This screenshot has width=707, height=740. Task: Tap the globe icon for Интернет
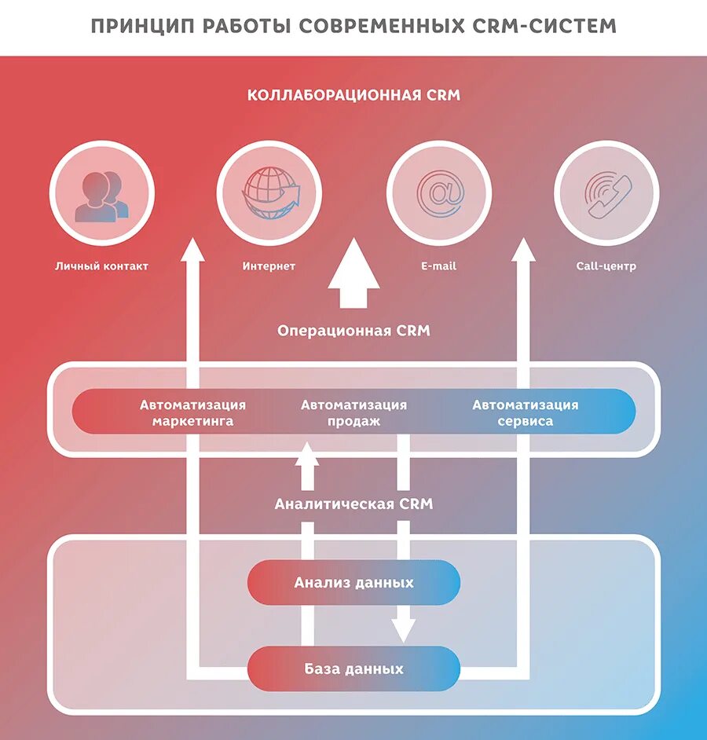269,193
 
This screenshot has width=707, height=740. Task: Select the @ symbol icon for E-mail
438,193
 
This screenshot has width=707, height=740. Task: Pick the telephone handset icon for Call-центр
606,193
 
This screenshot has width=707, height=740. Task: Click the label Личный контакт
101,266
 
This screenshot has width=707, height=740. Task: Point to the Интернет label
269,266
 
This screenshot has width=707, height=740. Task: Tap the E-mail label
438,266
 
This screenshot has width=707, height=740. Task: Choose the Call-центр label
606,266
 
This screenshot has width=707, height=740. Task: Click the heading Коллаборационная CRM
353,96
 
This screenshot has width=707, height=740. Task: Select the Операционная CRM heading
353,331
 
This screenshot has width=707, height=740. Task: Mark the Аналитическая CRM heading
353,504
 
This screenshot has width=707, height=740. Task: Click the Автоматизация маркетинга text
192,413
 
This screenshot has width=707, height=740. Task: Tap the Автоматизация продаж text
353,413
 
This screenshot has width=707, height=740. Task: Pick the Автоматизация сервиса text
525,413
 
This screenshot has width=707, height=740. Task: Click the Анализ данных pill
353,583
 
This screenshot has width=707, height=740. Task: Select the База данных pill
353,669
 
